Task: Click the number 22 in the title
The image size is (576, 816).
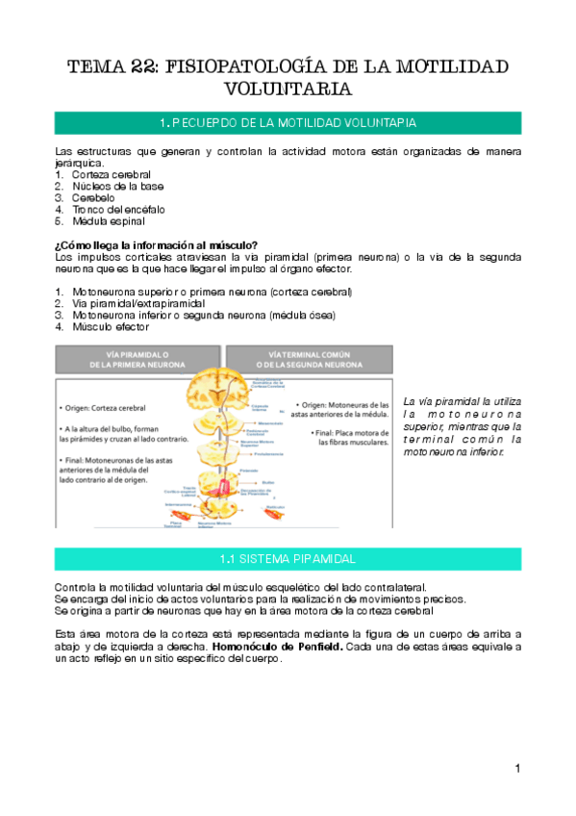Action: pos(142,66)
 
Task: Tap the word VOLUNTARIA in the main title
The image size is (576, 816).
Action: pos(288,89)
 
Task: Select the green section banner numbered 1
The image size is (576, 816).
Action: pos(288,123)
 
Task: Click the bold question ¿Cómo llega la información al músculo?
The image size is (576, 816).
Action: pos(156,245)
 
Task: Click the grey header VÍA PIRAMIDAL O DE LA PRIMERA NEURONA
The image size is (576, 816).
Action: pos(135,359)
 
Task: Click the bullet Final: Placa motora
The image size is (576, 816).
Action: pos(351,438)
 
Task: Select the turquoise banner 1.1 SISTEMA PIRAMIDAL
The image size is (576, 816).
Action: pos(288,559)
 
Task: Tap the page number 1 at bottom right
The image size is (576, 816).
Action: pos(517,768)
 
